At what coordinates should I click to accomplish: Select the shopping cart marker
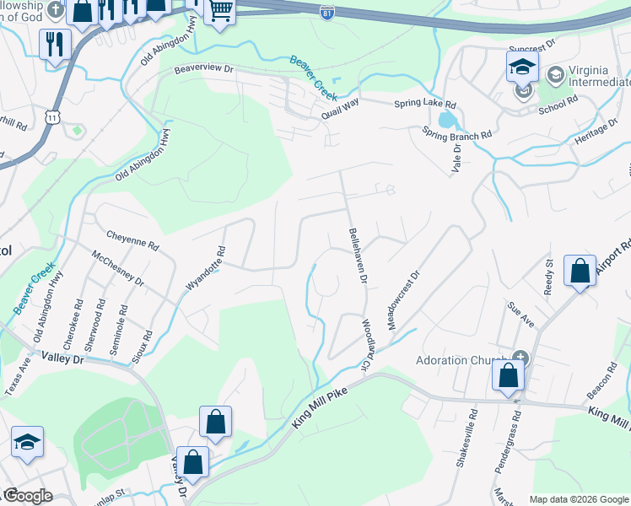click(220, 11)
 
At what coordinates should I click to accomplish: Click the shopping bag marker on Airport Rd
click(580, 272)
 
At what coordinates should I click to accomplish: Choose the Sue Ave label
click(520, 315)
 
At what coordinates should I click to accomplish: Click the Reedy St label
click(548, 277)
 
